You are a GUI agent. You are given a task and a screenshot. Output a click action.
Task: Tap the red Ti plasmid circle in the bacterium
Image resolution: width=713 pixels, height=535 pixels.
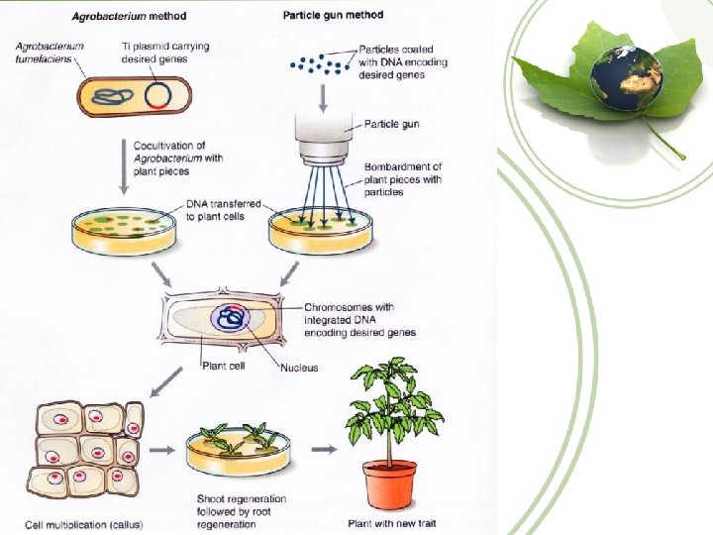click(x=158, y=96)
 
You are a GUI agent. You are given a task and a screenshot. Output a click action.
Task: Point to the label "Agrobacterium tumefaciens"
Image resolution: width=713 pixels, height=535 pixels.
click(x=51, y=53)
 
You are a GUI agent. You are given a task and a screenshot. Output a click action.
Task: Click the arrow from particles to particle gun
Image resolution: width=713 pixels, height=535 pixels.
click(x=323, y=97)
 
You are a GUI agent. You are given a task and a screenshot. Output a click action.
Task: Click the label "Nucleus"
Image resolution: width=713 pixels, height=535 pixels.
click(x=298, y=368)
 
